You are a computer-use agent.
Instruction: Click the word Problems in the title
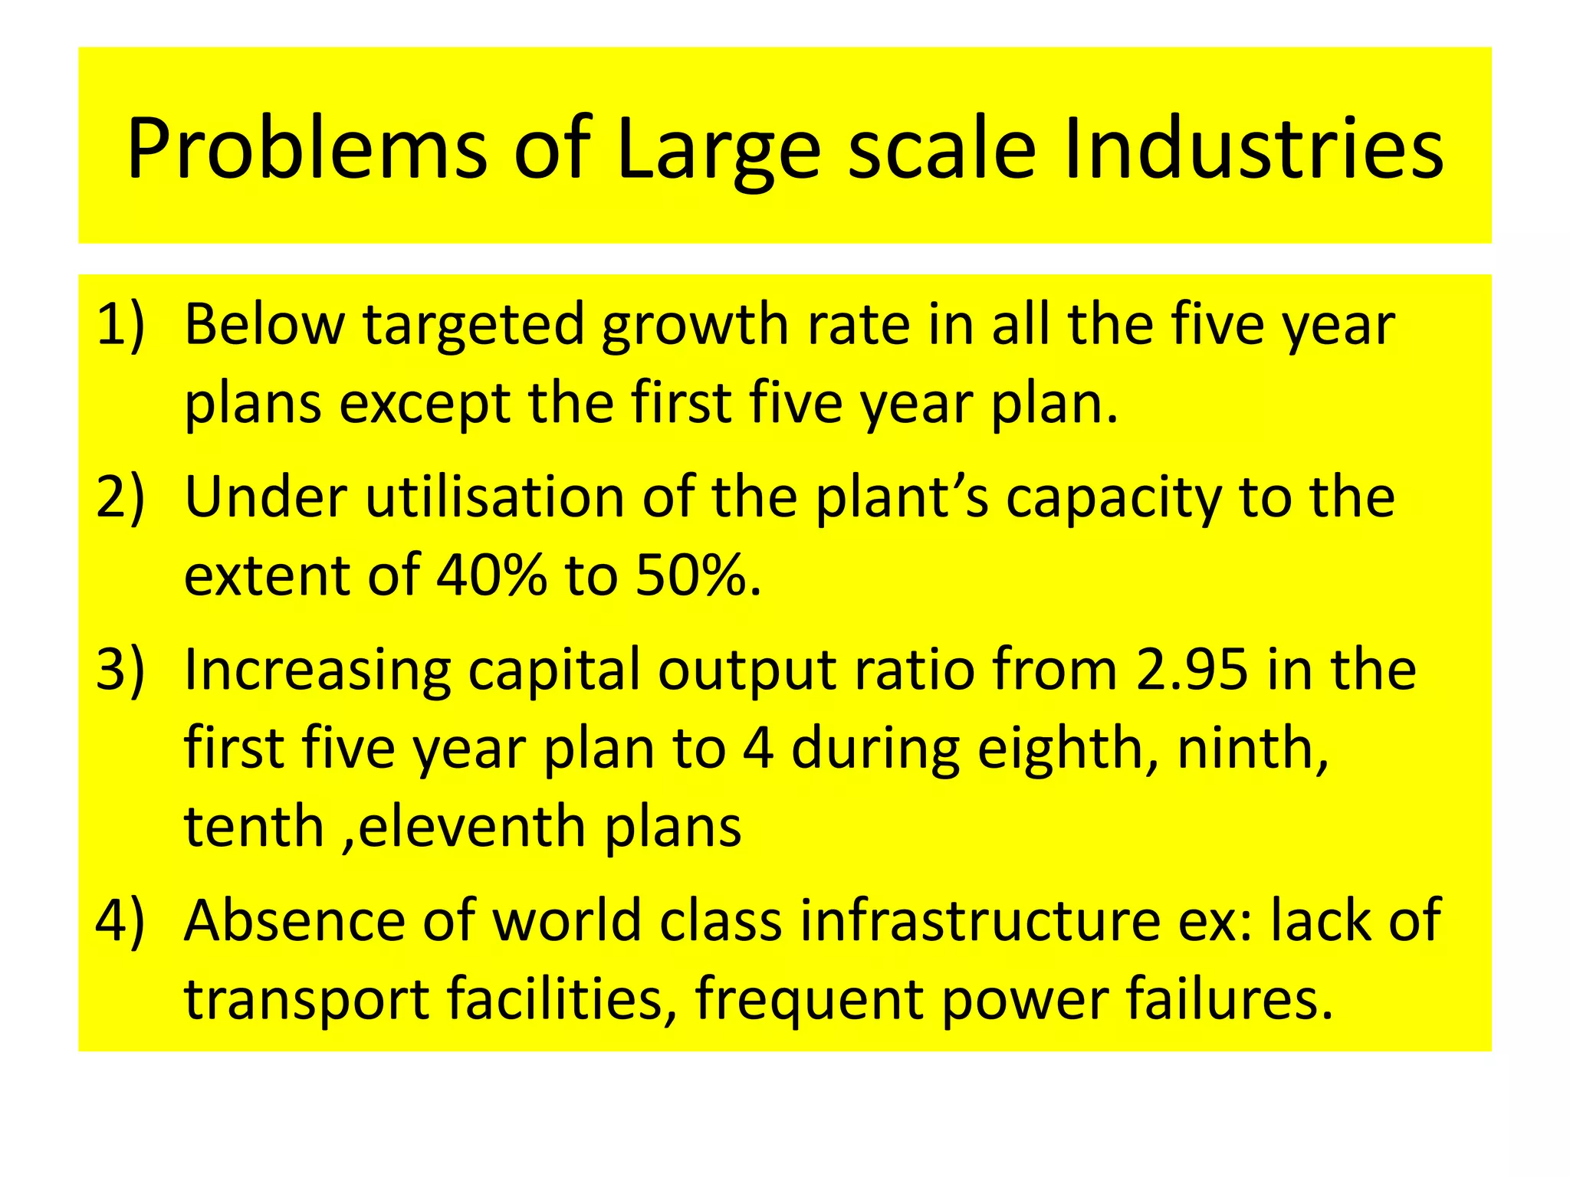[x=307, y=149]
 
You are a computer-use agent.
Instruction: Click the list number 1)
[x=120, y=325]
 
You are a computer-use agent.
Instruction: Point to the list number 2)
[x=120, y=498]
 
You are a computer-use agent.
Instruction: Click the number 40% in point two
[x=491, y=575]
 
